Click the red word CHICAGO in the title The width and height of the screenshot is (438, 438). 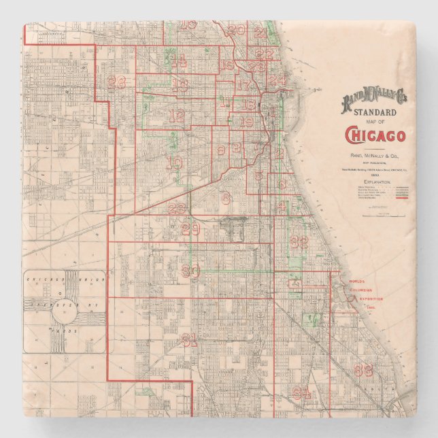[375, 135]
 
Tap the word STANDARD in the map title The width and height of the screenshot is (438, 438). [375, 112]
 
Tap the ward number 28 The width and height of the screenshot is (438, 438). [116, 82]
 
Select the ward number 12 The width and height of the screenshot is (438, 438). [177, 116]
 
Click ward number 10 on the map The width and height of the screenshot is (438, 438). [174, 163]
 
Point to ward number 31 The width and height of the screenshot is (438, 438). [190, 338]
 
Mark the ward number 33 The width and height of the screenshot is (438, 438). [363, 370]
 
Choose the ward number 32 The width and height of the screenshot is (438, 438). [299, 241]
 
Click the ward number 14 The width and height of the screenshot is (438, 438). [178, 60]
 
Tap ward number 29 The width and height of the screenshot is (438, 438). [191, 229]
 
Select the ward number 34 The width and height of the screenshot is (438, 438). [301, 392]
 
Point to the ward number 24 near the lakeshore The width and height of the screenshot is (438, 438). [276, 80]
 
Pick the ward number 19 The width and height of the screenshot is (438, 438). [247, 122]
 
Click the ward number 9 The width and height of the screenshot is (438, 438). [221, 150]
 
